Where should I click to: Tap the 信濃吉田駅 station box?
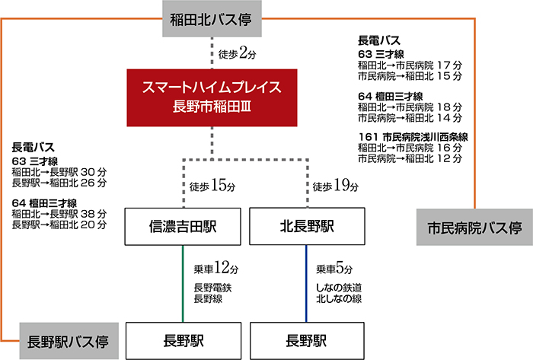[x=184, y=227]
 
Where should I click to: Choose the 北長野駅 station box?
[x=308, y=227]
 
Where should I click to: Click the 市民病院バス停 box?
[x=473, y=228]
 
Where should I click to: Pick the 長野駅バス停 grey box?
[x=63, y=341]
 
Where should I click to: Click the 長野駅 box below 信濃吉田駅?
[x=184, y=340]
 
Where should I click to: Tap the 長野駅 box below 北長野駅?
[x=308, y=340]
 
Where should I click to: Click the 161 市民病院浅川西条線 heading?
[x=412, y=136]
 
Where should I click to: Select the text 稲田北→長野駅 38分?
[x=59, y=214]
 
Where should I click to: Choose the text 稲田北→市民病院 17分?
[x=410, y=65]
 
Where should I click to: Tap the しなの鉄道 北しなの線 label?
[x=340, y=292]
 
